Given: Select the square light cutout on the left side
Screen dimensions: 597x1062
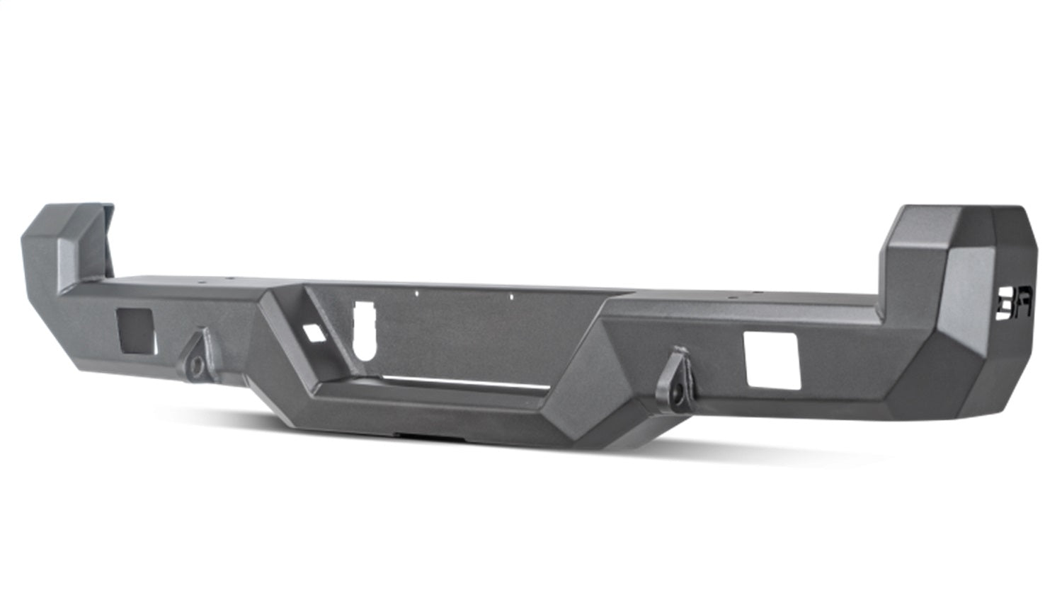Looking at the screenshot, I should click(x=136, y=331).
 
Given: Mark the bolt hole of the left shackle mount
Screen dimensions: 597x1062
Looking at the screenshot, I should click(x=198, y=366).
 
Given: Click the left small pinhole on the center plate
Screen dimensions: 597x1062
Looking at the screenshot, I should click(x=417, y=291).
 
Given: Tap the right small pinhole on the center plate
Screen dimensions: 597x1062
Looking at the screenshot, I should click(x=511, y=297).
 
